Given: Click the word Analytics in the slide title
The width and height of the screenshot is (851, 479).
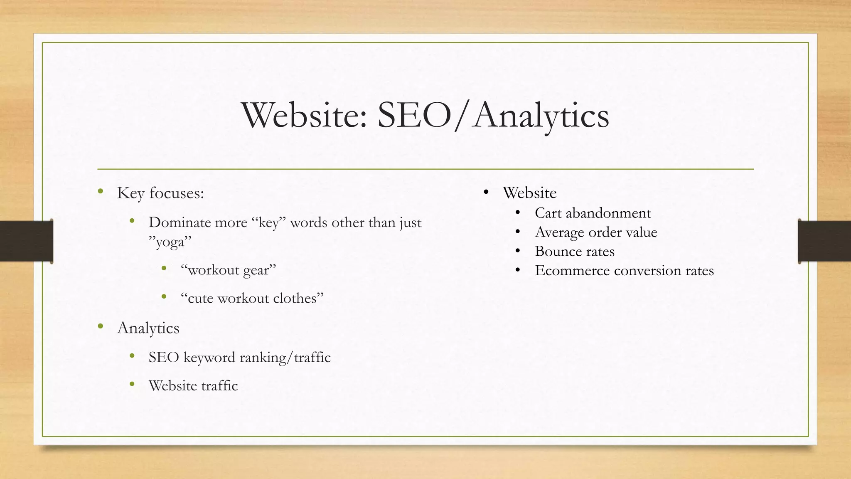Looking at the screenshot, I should (x=541, y=116).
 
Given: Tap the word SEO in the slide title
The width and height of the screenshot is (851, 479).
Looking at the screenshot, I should (x=414, y=115).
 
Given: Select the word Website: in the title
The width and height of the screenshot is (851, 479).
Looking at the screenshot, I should (x=305, y=115).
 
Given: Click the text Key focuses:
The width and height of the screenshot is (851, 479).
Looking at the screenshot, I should (x=160, y=193).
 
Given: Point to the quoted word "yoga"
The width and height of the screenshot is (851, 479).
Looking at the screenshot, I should (x=170, y=242).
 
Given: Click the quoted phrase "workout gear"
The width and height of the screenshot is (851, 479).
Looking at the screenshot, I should (x=228, y=270).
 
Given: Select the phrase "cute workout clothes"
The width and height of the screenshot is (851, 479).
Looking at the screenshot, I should (x=252, y=298).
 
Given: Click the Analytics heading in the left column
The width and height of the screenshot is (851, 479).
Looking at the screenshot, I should (x=148, y=328).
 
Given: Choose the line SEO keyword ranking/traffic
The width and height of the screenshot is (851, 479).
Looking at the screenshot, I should (x=239, y=358).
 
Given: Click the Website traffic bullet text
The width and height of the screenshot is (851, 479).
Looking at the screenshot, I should (x=193, y=385).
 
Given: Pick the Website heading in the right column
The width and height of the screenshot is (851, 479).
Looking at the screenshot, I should (x=529, y=193).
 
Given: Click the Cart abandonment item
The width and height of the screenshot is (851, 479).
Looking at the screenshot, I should (x=593, y=213).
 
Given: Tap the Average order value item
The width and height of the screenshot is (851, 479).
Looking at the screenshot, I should (x=596, y=232).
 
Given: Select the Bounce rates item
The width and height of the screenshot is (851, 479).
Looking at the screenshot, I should (x=574, y=251).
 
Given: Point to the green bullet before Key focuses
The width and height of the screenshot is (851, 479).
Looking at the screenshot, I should (x=100, y=191).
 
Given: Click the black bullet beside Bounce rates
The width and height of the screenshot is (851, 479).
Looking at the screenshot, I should (x=517, y=251).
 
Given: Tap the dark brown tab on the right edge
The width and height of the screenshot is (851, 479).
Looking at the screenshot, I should (x=824, y=241).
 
